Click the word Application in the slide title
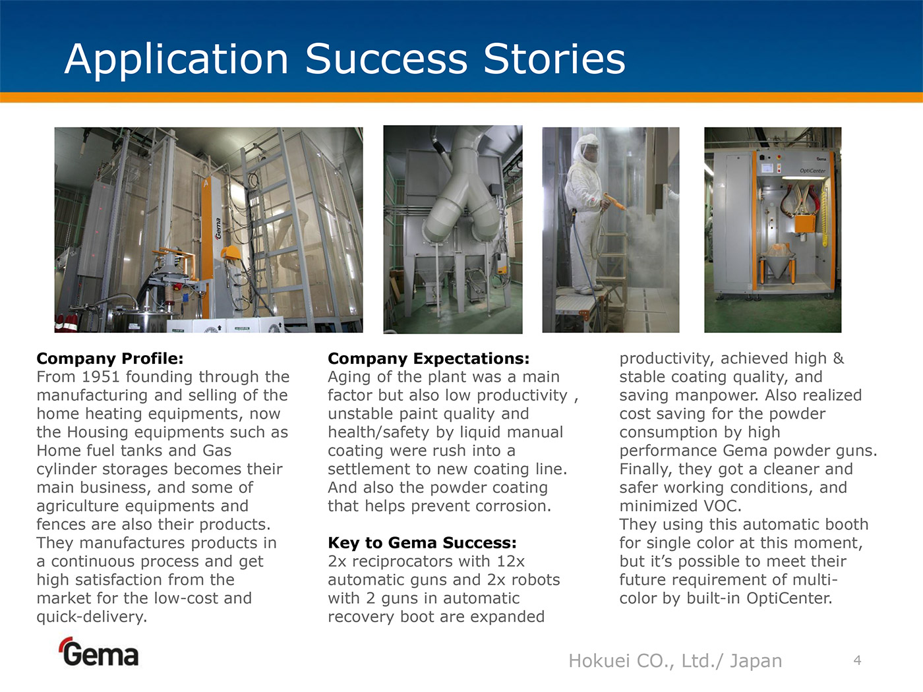(x=176, y=59)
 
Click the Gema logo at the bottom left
(x=100, y=652)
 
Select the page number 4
(x=858, y=660)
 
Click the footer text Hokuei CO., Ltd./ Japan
(x=675, y=661)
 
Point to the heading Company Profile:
(x=110, y=359)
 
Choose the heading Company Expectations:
(x=429, y=359)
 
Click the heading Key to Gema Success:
(x=422, y=543)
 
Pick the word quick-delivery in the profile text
(x=92, y=617)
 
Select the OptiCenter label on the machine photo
(x=812, y=171)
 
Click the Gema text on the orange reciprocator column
(x=218, y=229)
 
